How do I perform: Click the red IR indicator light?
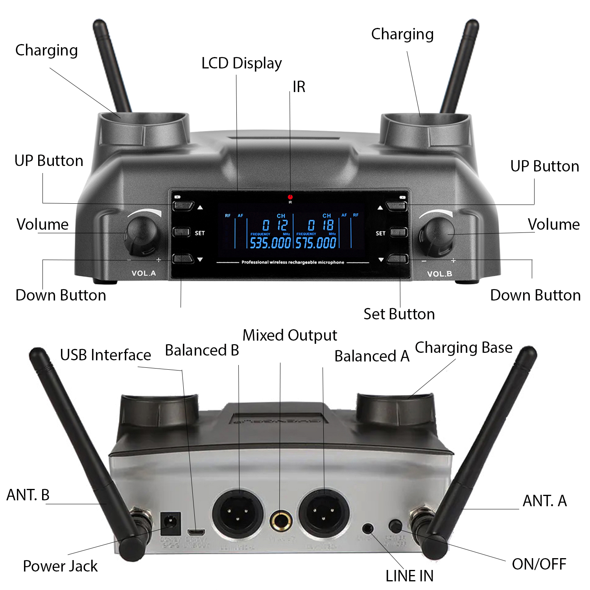coord(290,197)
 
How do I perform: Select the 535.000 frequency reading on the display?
coord(270,243)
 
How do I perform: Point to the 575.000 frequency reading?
coord(316,243)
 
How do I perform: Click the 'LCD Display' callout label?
coord(242,63)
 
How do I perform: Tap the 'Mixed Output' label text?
coord(290,336)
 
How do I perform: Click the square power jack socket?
coord(171,523)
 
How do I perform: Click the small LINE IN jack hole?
coord(368,528)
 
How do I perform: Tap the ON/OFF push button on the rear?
coord(395,526)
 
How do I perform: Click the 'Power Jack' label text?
coord(60,566)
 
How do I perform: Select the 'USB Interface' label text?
coord(105,355)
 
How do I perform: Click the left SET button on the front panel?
coord(182,232)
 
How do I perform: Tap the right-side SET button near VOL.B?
coord(398,232)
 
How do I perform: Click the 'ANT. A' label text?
coord(545,501)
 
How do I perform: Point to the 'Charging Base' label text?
coord(464,348)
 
